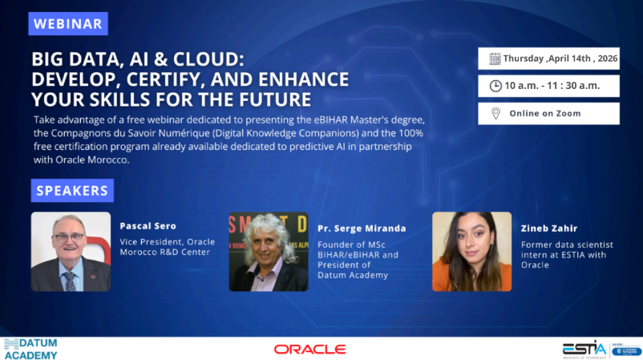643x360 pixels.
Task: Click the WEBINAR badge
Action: click(x=68, y=23)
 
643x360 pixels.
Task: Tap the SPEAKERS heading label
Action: click(x=72, y=191)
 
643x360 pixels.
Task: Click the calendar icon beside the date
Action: click(x=495, y=59)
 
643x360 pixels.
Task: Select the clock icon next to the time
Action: click(x=495, y=86)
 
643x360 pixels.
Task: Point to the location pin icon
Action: click(x=495, y=113)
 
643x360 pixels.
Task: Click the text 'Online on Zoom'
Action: click(x=545, y=114)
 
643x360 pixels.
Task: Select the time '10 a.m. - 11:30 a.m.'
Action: click(x=552, y=86)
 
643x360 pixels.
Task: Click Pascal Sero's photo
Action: click(x=71, y=251)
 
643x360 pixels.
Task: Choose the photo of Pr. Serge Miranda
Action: click(x=269, y=251)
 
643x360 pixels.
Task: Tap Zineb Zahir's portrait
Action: click(x=471, y=251)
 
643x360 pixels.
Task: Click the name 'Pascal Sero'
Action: click(x=147, y=226)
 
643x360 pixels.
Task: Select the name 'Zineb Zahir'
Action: click(x=549, y=229)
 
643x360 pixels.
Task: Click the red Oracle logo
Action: click(x=309, y=349)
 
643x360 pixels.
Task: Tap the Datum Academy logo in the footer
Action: click(x=32, y=349)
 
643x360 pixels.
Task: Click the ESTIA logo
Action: click(x=584, y=348)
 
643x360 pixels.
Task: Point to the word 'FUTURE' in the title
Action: click(x=269, y=100)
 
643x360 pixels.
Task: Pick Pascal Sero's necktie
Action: click(x=70, y=280)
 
